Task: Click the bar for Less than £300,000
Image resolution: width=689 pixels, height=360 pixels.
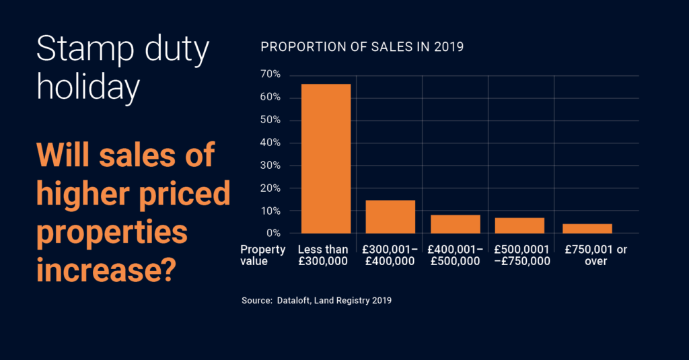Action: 326,159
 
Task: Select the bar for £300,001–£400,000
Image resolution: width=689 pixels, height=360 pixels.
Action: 390,217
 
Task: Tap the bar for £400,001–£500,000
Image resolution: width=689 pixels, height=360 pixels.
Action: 456,224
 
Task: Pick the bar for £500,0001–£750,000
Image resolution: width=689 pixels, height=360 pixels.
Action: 519,225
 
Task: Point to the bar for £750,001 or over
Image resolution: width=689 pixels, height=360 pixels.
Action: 587,229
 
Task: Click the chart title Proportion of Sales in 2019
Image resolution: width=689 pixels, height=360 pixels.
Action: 362,48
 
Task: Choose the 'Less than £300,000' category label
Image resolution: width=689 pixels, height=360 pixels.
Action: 323,256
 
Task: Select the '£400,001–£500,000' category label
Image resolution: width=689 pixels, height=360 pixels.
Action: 456,256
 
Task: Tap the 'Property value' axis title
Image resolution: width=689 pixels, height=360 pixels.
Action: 263,256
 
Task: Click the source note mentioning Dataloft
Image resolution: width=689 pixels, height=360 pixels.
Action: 316,301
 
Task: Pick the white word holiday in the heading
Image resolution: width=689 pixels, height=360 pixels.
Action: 88,89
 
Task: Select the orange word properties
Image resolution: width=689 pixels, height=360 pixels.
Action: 112,233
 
